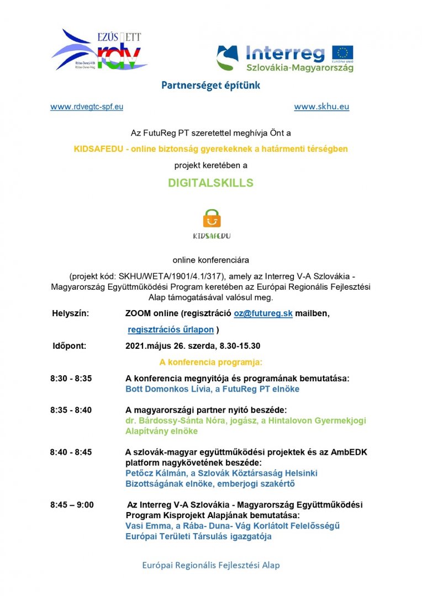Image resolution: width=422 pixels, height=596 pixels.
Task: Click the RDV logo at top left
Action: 99,51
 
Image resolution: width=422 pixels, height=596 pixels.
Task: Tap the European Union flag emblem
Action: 342,53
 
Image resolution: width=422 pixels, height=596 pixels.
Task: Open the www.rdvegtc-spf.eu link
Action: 87,107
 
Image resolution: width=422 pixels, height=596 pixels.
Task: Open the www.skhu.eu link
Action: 321,107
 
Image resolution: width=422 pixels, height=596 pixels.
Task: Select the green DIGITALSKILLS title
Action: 210,183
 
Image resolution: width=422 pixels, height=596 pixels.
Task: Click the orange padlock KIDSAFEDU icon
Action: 211,219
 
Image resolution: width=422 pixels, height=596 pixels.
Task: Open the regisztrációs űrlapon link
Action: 171,329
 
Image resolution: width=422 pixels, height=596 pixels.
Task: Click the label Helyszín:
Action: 70,313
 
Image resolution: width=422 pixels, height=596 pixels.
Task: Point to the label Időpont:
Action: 68,346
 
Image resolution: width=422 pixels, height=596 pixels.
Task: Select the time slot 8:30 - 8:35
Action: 71,379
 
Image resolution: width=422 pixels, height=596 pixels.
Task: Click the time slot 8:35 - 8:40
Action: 71,410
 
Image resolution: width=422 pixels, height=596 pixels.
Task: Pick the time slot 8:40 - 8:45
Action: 71,452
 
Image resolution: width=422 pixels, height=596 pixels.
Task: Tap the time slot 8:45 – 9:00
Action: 72,505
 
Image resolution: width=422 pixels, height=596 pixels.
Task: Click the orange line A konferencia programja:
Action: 210,363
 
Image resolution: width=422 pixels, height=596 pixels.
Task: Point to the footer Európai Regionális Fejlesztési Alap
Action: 211,565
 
